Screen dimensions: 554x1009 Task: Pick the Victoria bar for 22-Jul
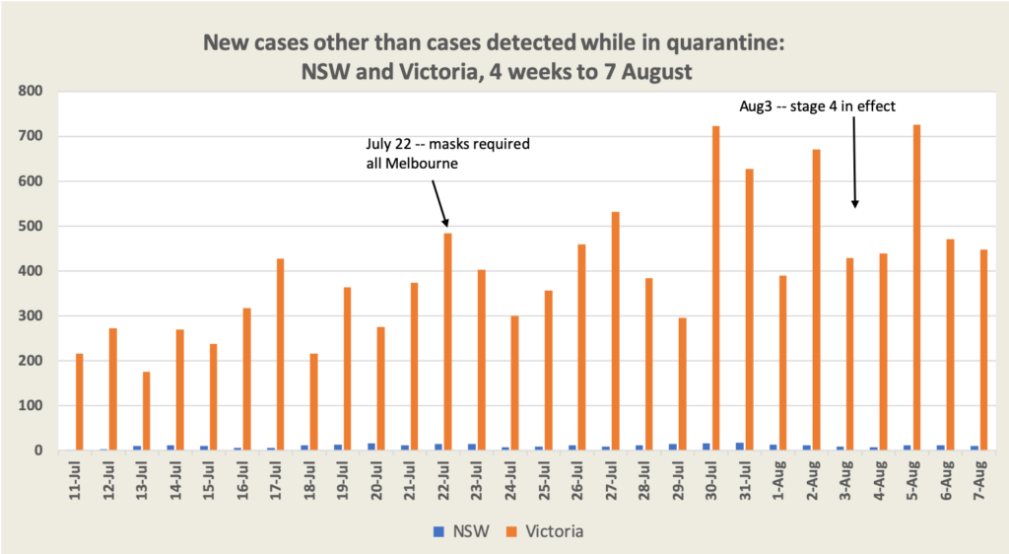(447, 341)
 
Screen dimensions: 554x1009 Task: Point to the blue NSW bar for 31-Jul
(740, 447)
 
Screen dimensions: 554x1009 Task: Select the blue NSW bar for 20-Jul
(371, 447)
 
